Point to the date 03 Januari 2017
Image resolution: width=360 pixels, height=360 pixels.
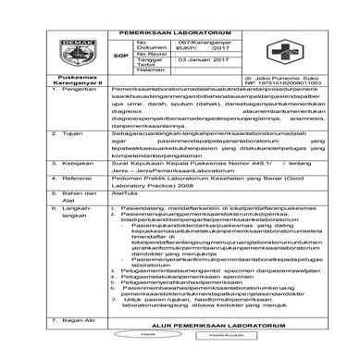(x=212, y=82)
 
